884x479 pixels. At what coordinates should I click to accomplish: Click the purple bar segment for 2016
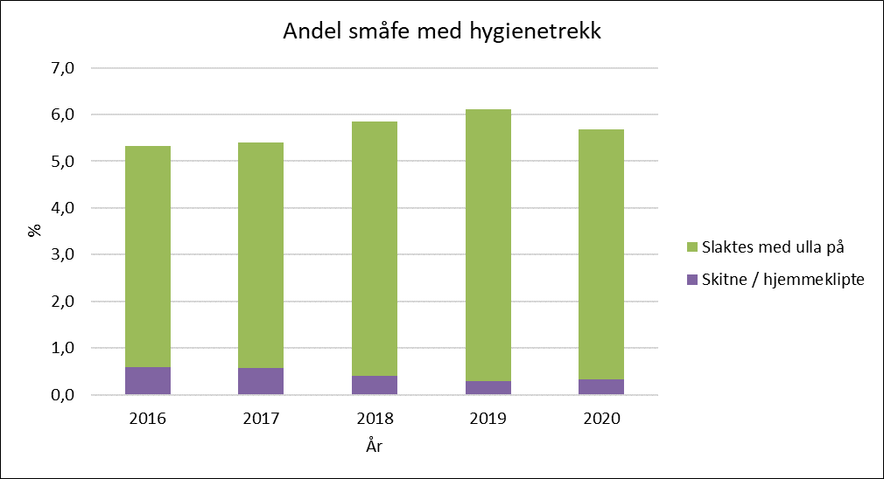pyautogui.click(x=148, y=380)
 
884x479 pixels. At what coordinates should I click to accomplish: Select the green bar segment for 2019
pyautogui.click(x=488, y=246)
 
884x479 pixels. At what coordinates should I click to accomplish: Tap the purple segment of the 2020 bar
pyautogui.click(x=601, y=386)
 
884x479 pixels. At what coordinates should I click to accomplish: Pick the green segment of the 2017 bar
pyautogui.click(x=261, y=255)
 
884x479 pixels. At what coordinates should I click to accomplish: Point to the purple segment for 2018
pyautogui.click(x=375, y=385)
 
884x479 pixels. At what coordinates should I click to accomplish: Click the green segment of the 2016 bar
pyautogui.click(x=148, y=257)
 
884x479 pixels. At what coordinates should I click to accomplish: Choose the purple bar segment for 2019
pyautogui.click(x=488, y=388)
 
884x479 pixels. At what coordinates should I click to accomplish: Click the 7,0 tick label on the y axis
pyautogui.click(x=62, y=68)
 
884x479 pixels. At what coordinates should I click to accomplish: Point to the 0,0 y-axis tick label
pyautogui.click(x=62, y=395)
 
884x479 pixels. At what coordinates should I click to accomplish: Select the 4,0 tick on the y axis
pyautogui.click(x=62, y=208)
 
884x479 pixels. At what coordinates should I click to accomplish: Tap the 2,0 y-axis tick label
pyautogui.click(x=62, y=302)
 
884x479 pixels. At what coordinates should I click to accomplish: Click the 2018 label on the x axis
pyautogui.click(x=375, y=419)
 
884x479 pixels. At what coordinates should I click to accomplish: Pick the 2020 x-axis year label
pyautogui.click(x=601, y=419)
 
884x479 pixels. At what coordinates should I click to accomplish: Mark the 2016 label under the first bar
pyautogui.click(x=148, y=419)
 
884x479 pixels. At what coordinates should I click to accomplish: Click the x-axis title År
pyautogui.click(x=375, y=446)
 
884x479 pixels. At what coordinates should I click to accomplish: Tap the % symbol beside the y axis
pyautogui.click(x=35, y=230)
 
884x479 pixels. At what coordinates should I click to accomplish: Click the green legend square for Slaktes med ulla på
pyautogui.click(x=692, y=247)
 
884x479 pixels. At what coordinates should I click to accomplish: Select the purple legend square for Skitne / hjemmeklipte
pyautogui.click(x=692, y=280)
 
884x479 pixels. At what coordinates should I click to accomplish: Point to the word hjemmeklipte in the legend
pyautogui.click(x=814, y=280)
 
